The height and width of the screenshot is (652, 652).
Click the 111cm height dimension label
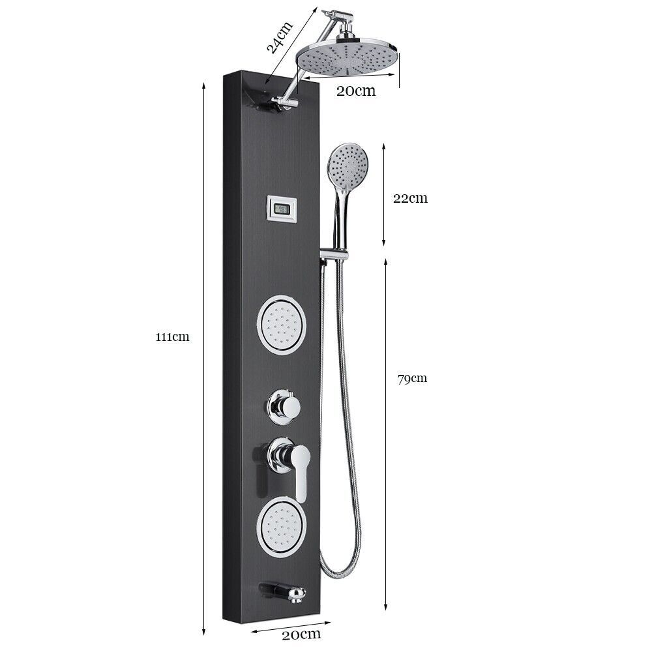pyautogui.click(x=172, y=337)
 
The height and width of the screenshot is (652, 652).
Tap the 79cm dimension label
pyautogui.click(x=412, y=378)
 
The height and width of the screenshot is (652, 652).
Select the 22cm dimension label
pyautogui.click(x=410, y=198)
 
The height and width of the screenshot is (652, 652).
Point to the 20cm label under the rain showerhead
pyautogui.click(x=356, y=91)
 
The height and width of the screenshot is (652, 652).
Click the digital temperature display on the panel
pyautogui.click(x=282, y=209)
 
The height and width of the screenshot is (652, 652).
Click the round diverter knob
pyautogui.click(x=283, y=407)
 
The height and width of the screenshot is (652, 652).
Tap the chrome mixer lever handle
pyautogui.click(x=302, y=469)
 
